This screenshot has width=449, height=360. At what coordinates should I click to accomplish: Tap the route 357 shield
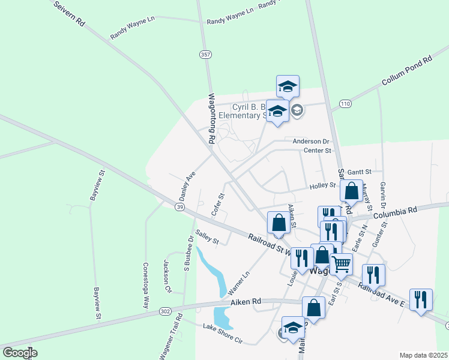(x=206, y=55)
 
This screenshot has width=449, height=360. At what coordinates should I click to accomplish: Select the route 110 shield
(x=344, y=104)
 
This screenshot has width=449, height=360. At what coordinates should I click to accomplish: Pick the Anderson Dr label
(x=312, y=142)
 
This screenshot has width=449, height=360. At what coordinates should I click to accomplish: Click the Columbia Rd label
(x=394, y=212)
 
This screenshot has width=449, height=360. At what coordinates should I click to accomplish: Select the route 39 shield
(x=180, y=206)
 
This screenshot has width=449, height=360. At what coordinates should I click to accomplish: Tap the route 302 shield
(x=166, y=311)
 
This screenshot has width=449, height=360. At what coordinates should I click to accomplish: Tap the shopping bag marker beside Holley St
(x=351, y=191)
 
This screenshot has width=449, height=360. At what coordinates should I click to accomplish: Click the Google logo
(x=20, y=353)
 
